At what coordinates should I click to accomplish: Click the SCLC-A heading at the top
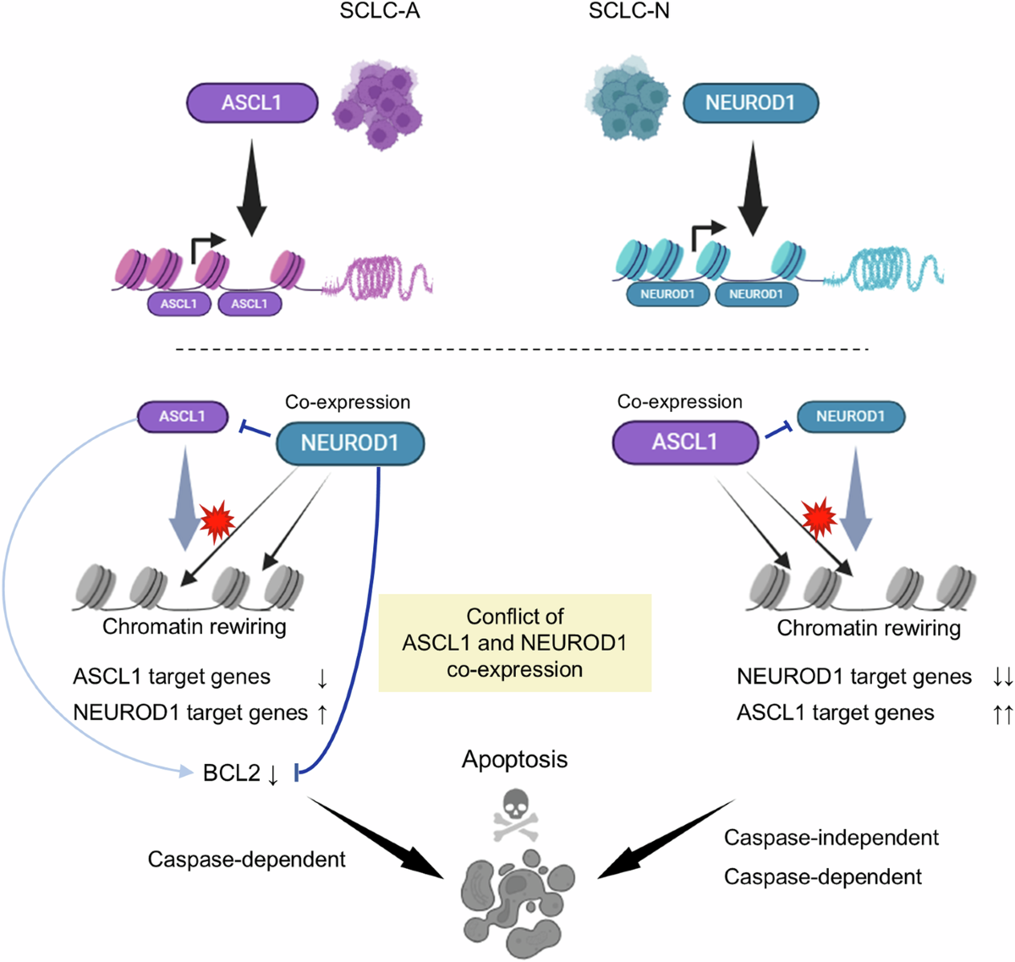(380, 13)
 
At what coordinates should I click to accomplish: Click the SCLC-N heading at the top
(628, 13)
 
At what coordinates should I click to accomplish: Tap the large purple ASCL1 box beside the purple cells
(252, 102)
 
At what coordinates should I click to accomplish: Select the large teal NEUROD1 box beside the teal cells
(750, 102)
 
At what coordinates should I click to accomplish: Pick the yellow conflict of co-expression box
(514, 643)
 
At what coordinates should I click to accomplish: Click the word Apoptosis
(514, 760)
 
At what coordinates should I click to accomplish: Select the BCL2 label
(231, 773)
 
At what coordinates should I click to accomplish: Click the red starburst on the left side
(217, 520)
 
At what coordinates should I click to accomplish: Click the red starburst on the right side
(818, 516)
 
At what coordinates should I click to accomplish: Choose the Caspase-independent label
(831, 838)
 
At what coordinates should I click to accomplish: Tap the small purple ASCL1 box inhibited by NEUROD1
(182, 416)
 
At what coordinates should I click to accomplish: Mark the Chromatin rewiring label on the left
(195, 627)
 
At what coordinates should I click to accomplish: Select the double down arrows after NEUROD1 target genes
(1002, 677)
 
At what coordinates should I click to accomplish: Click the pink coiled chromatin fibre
(381, 276)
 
